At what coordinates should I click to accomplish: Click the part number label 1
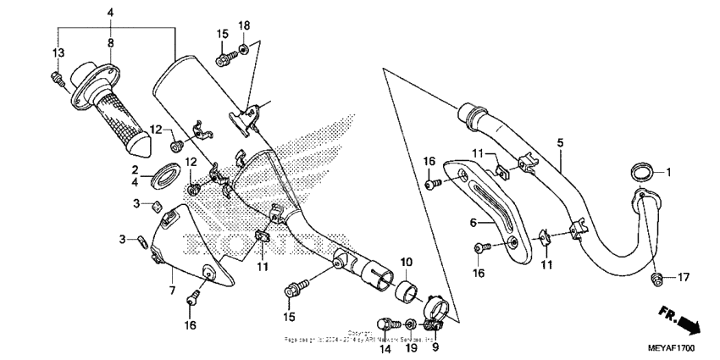[x=667, y=172]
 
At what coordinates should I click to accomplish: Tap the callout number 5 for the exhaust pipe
[x=559, y=142]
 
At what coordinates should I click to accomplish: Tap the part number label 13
[x=58, y=53]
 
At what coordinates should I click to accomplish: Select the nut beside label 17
[x=656, y=278]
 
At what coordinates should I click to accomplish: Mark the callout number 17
[x=682, y=276]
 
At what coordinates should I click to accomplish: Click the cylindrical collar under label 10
[x=405, y=294]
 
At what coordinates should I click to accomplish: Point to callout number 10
[x=406, y=262]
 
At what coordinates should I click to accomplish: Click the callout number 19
[x=411, y=348]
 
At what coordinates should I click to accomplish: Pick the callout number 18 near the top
[x=244, y=26]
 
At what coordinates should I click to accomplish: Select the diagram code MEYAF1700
[x=672, y=348]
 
